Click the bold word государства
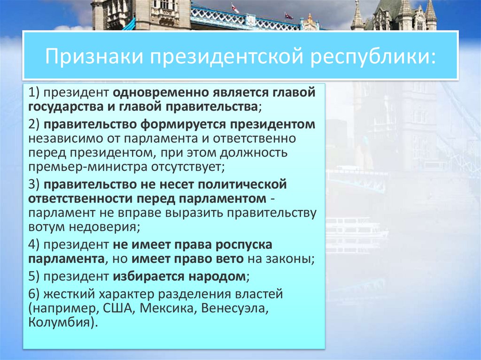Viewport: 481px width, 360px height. pos(67,106)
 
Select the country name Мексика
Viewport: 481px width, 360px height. pos(176,309)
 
